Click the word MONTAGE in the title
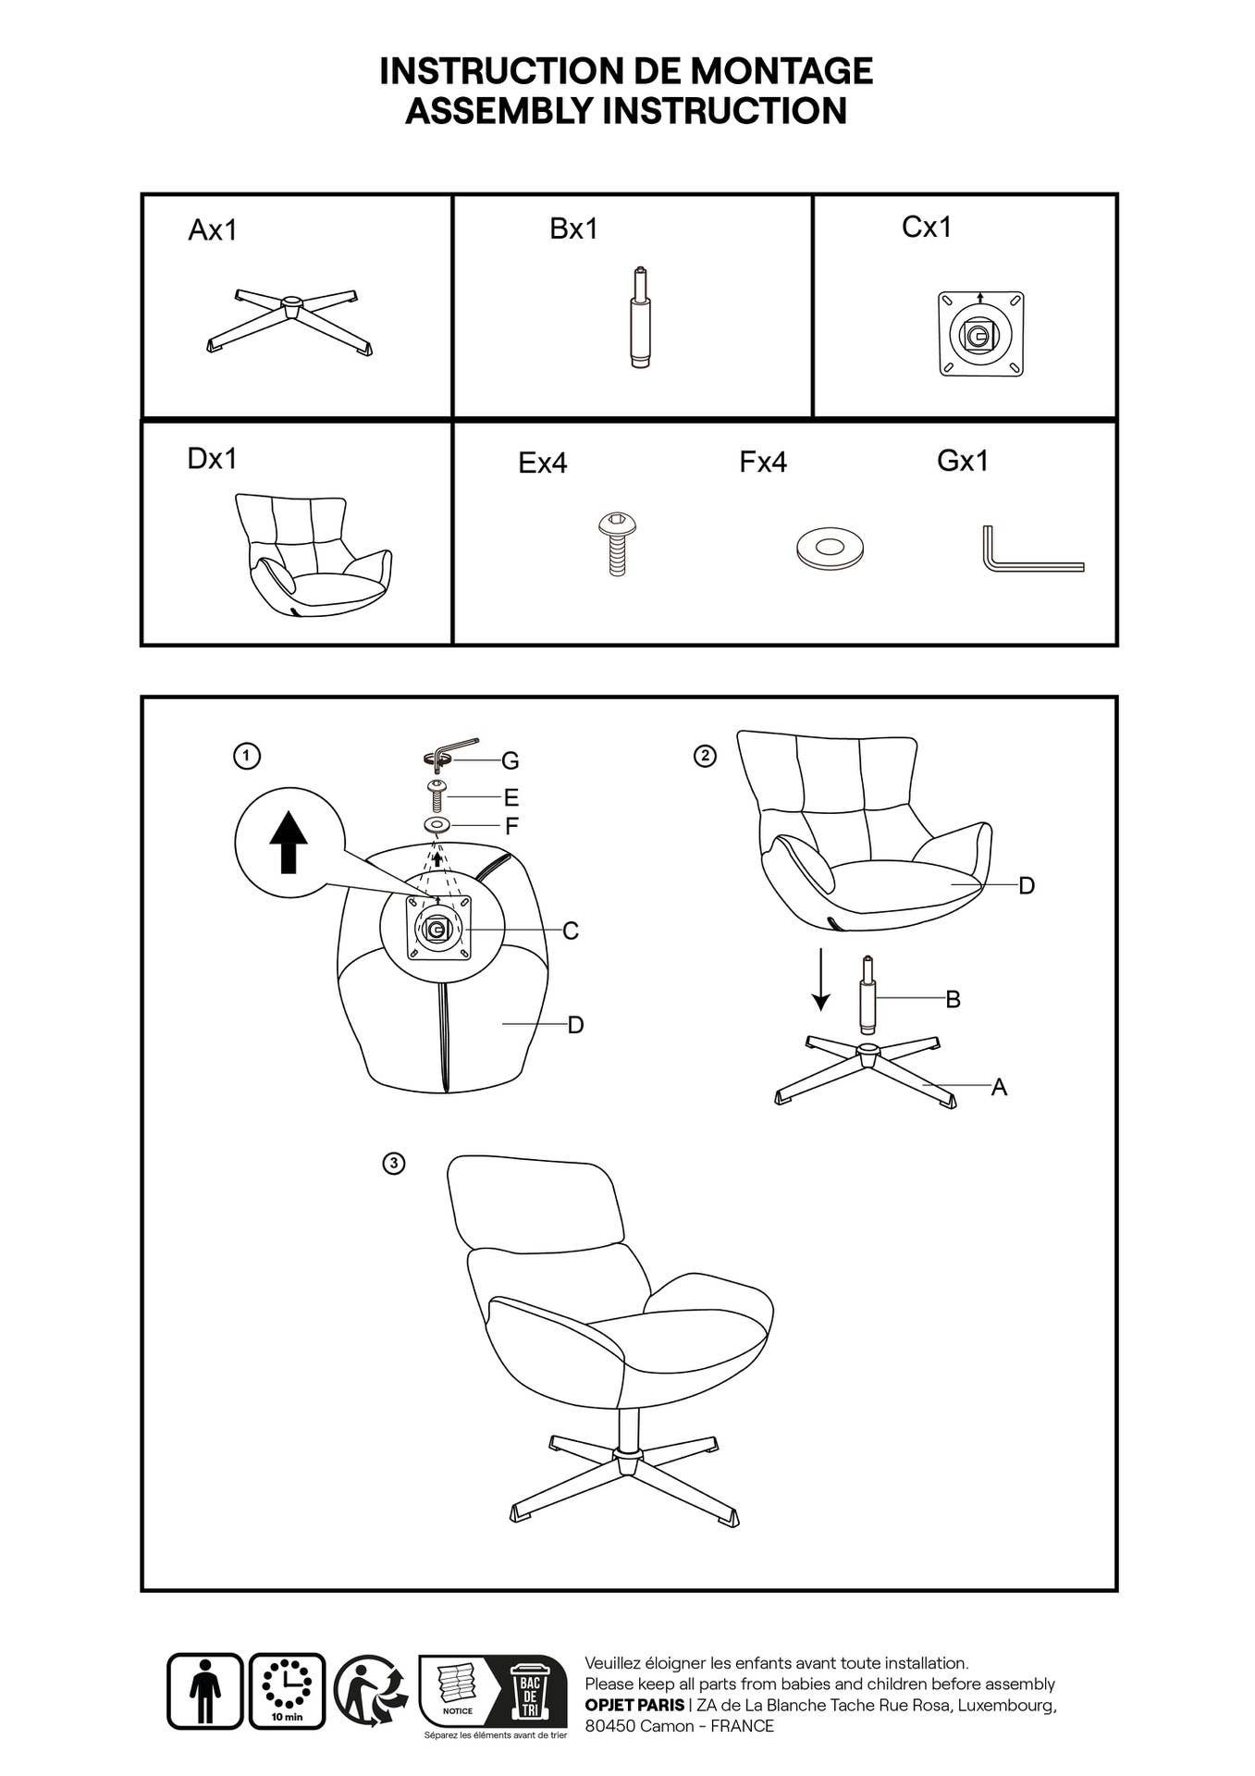781,71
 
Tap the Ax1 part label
212,229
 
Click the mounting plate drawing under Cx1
980,333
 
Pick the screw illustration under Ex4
618,544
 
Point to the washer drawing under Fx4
830,549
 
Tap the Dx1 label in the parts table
212,458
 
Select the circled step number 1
246,756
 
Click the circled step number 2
705,756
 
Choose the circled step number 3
394,1163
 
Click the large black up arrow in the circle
289,842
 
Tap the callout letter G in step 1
510,761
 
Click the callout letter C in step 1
571,931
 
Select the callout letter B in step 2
953,999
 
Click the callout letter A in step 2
999,1087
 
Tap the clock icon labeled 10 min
287,1691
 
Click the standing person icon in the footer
204,1691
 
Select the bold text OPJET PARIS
634,1705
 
